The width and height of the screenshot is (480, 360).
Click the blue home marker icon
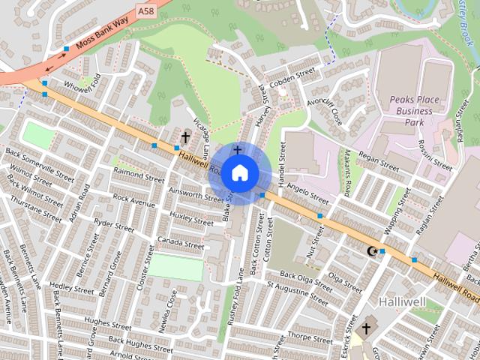[x=238, y=173]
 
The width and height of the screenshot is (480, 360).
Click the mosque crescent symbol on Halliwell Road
[x=370, y=250]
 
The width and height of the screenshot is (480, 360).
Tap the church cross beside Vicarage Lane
[x=185, y=138]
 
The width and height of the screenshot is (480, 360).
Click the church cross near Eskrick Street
[x=366, y=328]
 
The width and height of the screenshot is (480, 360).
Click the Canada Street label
[x=180, y=243]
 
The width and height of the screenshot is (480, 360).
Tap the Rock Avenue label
[x=133, y=202]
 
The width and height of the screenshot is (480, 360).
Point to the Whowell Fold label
[x=82, y=88]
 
